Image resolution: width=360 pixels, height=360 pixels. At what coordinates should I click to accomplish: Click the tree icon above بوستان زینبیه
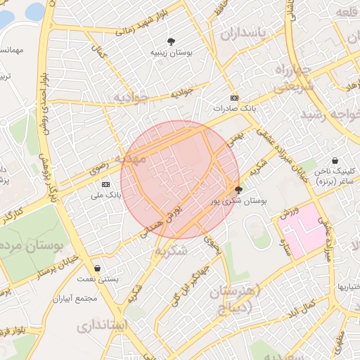[x=172, y=41]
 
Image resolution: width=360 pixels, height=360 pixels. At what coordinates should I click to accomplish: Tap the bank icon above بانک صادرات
[x=234, y=98]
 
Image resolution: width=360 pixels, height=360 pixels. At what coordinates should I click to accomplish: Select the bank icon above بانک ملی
[x=105, y=184]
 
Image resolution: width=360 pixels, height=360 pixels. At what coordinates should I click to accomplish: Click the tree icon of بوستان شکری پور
[x=238, y=189]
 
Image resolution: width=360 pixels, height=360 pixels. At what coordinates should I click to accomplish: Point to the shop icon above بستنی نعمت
[x=96, y=268]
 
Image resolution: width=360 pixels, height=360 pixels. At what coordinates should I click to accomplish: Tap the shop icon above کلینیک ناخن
[x=335, y=160]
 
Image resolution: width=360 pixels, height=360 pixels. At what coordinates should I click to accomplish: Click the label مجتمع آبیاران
[x=78, y=297]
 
